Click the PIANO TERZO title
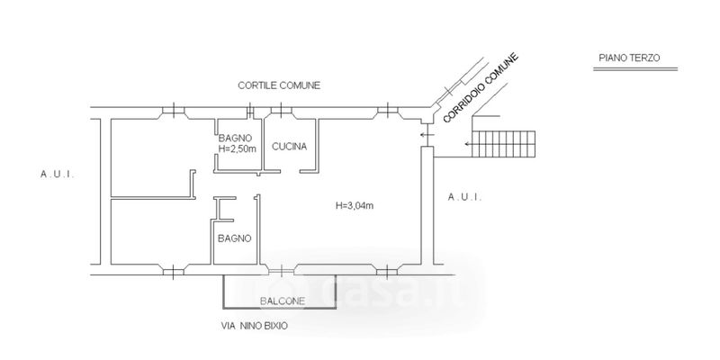pyautogui.click(x=629, y=58)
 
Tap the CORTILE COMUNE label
pyautogui.click(x=279, y=85)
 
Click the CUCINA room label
pyautogui.click(x=290, y=147)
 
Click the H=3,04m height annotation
pyautogui.click(x=355, y=206)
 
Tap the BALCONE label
pyautogui.click(x=283, y=301)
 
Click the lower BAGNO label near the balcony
pyautogui.click(x=234, y=238)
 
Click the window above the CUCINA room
pyautogui.click(x=281, y=112)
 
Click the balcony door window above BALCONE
pyautogui.click(x=281, y=268)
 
